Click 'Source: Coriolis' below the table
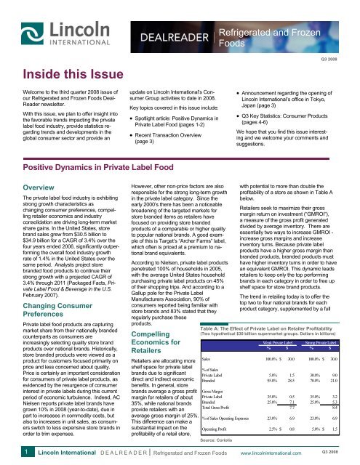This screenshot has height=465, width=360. [x=217, y=441]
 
